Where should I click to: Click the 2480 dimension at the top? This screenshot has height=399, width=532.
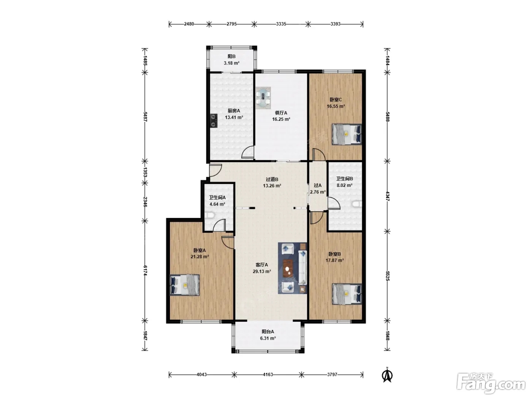point(189,24)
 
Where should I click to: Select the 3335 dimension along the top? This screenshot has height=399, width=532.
point(281,24)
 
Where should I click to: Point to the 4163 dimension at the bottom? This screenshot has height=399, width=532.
point(268,375)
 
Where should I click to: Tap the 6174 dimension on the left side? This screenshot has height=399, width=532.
point(145,271)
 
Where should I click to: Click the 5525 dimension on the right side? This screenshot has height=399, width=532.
point(387,276)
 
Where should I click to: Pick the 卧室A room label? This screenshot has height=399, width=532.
point(199,250)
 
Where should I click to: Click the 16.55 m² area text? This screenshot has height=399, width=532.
point(336,106)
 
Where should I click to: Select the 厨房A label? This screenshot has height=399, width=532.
point(234,111)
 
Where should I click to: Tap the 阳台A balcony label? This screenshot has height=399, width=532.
point(268,332)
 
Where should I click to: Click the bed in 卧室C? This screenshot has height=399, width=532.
point(347,134)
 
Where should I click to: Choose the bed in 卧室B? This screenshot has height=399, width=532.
point(347,294)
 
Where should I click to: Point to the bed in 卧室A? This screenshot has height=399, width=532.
point(184,285)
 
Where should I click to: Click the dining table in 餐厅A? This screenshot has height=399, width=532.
point(263,98)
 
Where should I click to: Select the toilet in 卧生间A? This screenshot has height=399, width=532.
point(209,215)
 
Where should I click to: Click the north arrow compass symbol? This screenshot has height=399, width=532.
point(387,375)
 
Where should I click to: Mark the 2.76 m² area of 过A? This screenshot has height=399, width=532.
point(318,192)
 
